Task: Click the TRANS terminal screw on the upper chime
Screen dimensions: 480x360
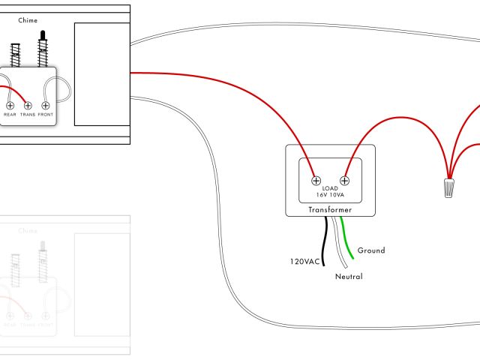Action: point(28,106)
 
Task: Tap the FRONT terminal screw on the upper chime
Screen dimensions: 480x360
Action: point(46,106)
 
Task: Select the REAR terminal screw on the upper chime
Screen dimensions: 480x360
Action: point(10,106)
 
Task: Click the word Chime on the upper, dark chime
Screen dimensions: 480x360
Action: point(28,21)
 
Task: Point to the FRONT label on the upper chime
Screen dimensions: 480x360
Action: point(46,115)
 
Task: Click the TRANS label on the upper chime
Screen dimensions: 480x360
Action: point(28,115)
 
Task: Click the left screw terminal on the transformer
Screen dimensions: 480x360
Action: point(316,180)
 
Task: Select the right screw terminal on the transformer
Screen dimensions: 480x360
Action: point(345,180)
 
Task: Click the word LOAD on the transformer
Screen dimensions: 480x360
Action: point(331,188)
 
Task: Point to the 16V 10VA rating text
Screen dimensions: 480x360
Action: point(331,195)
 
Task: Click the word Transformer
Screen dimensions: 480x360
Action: point(331,211)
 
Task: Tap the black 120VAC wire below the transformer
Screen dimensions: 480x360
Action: point(325,240)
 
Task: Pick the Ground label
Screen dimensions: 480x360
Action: point(371,250)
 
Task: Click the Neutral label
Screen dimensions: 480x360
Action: point(349,277)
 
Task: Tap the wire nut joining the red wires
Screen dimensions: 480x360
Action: point(449,187)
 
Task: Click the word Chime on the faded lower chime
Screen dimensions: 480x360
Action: point(28,231)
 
